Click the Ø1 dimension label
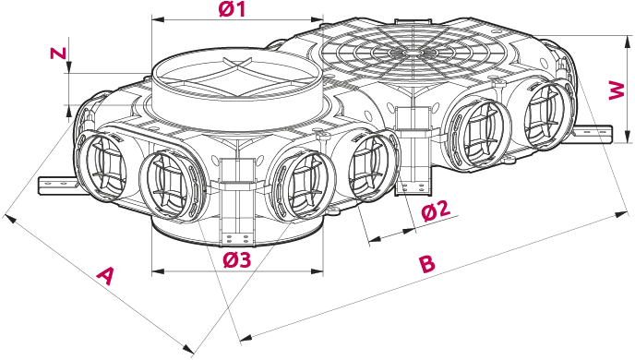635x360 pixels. (233, 9)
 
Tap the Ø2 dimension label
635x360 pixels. (436, 210)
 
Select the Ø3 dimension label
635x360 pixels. (237, 260)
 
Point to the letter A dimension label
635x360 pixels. (106, 276)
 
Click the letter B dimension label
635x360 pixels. (426, 264)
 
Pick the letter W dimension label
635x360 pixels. (617, 90)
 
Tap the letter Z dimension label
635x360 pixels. (57, 53)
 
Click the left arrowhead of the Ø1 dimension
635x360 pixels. (157, 19)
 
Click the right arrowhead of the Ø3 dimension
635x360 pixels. (317, 270)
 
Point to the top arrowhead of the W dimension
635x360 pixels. (628, 41)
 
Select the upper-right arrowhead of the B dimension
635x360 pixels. (621, 213)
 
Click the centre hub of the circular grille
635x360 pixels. (413, 53)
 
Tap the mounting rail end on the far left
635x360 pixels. (42, 186)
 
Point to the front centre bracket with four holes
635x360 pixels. (237, 238)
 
